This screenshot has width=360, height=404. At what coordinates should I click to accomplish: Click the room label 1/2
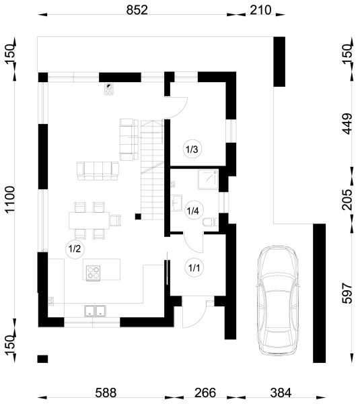(75, 249)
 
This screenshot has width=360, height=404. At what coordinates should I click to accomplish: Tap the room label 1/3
(192, 149)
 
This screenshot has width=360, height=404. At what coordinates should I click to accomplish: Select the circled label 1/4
(192, 211)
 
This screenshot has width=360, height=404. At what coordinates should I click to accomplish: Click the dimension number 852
(137, 10)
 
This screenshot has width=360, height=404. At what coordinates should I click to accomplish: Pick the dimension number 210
(260, 10)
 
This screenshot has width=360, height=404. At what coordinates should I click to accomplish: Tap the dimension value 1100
(10, 199)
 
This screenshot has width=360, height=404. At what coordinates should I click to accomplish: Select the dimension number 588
(106, 393)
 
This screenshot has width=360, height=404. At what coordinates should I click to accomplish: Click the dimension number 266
(205, 393)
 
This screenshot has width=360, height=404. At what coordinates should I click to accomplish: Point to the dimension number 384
(281, 393)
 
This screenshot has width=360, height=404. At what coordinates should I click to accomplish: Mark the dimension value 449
(347, 124)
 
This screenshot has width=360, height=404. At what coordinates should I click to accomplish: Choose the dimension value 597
(347, 293)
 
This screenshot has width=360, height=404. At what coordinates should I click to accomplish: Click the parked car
(279, 301)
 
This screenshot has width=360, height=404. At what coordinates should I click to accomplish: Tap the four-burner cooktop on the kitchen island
(94, 273)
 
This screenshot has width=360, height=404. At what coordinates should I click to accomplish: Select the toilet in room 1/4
(211, 222)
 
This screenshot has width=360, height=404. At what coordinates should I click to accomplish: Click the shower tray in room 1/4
(208, 179)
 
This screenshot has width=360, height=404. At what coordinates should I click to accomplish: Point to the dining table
(89, 220)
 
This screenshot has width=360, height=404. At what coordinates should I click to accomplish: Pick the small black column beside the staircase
(138, 216)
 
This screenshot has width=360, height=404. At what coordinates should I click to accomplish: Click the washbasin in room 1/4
(177, 203)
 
